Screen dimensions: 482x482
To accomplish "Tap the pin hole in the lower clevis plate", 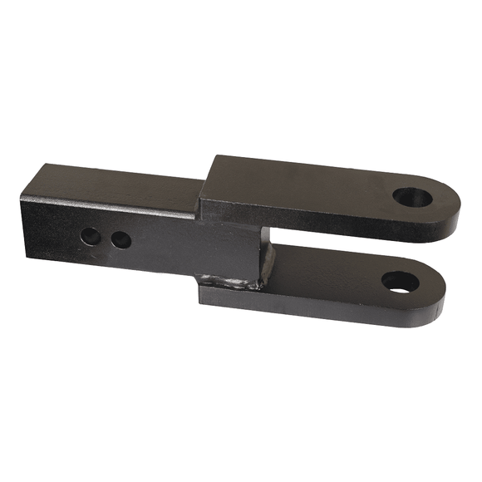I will (401, 281).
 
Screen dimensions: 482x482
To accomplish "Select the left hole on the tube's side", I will (91, 236).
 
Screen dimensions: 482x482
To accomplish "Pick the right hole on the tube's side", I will (120, 240).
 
